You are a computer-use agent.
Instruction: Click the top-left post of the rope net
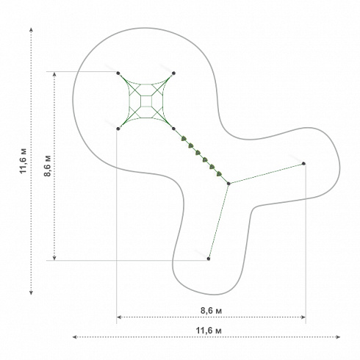(118, 73)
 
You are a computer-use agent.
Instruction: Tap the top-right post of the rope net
(173, 73)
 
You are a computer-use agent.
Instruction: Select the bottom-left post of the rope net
(118, 129)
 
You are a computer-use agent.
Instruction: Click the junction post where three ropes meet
(228, 184)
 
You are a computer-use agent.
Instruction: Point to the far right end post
(303, 163)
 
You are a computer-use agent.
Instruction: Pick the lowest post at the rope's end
(209, 259)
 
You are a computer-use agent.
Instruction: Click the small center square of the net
(146, 101)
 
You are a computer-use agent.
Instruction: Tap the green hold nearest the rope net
(184, 139)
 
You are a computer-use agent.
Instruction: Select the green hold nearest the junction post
(219, 174)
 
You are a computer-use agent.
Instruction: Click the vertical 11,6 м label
(24, 161)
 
